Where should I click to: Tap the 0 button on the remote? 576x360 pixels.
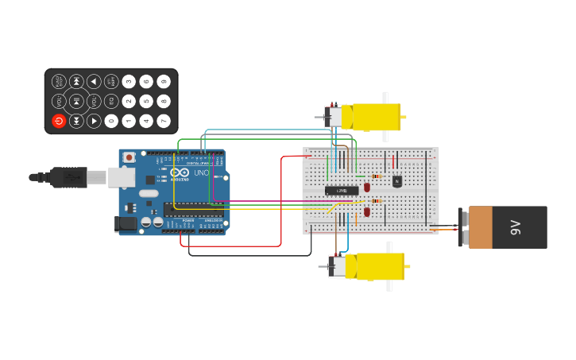[x=111, y=121]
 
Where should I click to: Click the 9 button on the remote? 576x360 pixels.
[x=164, y=81]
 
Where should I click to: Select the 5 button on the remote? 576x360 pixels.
[x=146, y=101]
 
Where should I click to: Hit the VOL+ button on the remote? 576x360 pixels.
[x=59, y=101]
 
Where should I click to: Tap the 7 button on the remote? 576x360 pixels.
[x=164, y=121]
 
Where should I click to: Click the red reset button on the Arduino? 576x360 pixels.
[x=130, y=158]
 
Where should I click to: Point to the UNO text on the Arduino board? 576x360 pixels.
[x=201, y=172]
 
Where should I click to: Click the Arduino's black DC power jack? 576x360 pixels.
[x=126, y=224]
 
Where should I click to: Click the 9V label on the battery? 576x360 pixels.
[x=515, y=227]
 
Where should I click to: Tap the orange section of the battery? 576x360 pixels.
[x=481, y=227]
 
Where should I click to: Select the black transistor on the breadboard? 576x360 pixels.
[x=397, y=181]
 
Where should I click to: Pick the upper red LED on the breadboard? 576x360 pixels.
[x=367, y=188]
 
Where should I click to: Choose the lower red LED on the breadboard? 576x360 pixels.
[x=367, y=211]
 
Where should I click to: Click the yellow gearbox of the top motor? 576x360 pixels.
[x=375, y=117]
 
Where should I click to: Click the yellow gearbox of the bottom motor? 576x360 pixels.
[x=379, y=266]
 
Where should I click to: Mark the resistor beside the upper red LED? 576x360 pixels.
[x=377, y=176]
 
